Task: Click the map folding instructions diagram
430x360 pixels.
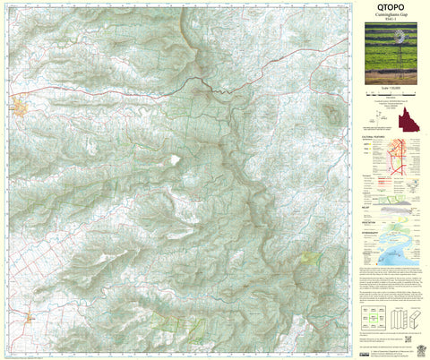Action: (x=403, y=318)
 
